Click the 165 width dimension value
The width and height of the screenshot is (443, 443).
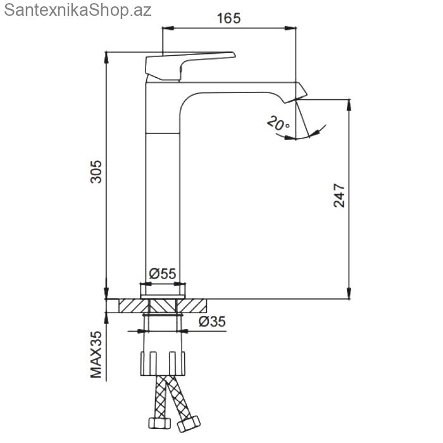point(229,18)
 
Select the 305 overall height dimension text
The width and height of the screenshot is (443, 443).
point(96,172)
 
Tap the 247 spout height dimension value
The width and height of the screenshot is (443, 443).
point(339,196)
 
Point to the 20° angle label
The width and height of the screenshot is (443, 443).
point(278,123)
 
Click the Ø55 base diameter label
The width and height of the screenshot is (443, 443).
point(163,273)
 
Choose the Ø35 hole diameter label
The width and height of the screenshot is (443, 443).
point(212,321)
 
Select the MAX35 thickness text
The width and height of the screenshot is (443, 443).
point(96,354)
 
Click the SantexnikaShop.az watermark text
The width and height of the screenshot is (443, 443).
point(78,11)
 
